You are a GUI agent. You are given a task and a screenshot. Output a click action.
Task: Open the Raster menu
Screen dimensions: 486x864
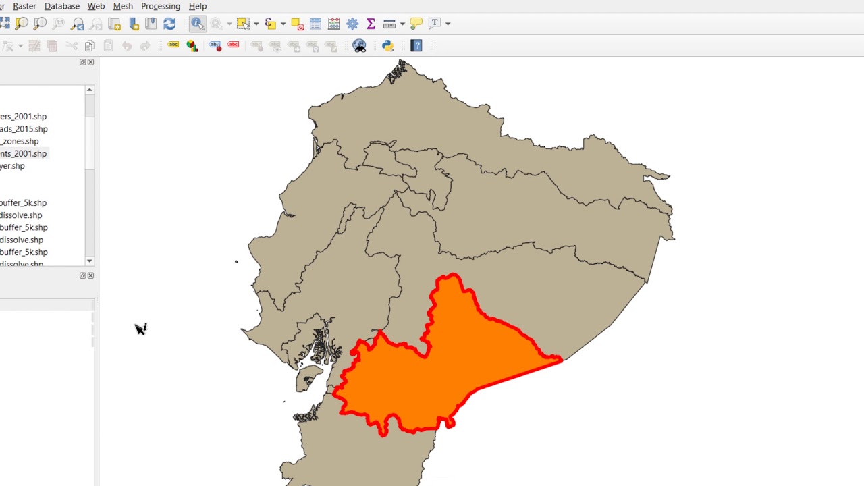pos(24,6)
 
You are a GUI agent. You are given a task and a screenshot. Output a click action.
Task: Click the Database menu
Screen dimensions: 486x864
pos(61,6)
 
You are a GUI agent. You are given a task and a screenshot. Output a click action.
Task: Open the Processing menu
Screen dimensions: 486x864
pos(161,6)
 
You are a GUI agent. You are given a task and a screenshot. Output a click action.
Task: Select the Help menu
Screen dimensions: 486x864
pos(198,6)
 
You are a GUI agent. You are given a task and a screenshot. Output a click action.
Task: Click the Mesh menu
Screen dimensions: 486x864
pos(123,6)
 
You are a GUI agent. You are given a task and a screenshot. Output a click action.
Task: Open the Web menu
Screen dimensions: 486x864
pos(96,6)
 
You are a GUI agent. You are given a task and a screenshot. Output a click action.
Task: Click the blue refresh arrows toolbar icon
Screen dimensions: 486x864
pos(169,24)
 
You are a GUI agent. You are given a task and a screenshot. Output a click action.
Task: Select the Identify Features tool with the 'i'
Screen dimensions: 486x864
pos(197,24)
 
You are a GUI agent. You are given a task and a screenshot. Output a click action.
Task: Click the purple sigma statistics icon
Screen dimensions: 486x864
pos(371,24)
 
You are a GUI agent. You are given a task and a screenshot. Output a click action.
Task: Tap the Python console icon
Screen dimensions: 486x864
pos(387,46)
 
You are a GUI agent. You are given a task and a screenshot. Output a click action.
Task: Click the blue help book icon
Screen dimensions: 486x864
pos(416,46)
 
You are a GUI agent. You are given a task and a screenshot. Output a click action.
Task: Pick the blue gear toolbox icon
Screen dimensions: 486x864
pos(352,24)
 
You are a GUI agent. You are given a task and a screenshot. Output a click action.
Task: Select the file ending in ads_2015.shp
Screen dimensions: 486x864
pos(24,129)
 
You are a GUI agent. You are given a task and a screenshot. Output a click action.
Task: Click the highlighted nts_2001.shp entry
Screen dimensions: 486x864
pos(23,154)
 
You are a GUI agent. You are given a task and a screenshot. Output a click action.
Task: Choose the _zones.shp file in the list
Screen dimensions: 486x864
pos(20,142)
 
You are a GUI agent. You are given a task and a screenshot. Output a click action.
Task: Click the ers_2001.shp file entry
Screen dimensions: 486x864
pos(23,117)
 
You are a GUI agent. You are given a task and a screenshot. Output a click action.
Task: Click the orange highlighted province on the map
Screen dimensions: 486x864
pos(446,364)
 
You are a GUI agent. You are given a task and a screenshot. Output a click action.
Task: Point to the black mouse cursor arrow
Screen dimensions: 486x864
pos(140,329)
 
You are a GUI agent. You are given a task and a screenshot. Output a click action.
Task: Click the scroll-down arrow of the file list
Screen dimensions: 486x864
pos(89,261)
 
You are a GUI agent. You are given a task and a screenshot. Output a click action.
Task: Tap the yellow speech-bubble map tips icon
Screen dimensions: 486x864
pos(416,24)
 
